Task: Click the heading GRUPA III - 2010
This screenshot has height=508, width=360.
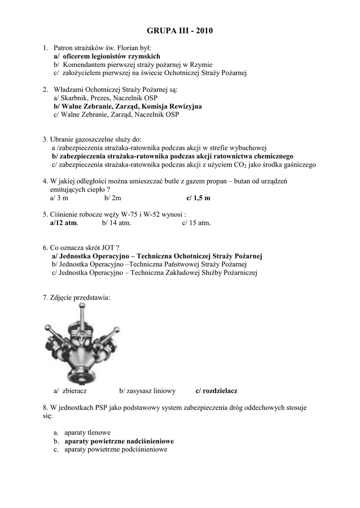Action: pyautogui.click(x=180, y=31)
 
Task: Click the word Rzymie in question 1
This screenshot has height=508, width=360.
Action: pyautogui.click(x=202, y=64)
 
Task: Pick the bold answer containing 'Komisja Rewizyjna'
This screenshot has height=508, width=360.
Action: pyautogui.click(x=128, y=107)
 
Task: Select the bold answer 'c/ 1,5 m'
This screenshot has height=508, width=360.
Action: pyautogui.click(x=198, y=198)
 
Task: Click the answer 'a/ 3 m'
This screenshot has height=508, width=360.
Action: pyautogui.click(x=59, y=198)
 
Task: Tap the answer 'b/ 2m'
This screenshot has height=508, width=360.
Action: pyautogui.click(x=113, y=198)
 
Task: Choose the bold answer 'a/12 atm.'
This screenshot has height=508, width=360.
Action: pyautogui.click(x=64, y=223)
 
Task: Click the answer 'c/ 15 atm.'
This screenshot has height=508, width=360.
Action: pyautogui.click(x=196, y=223)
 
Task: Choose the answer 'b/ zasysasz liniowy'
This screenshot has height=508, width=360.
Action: pyautogui.click(x=147, y=391)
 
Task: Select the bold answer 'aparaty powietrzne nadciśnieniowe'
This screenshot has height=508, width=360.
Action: pyautogui.click(x=119, y=441)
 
